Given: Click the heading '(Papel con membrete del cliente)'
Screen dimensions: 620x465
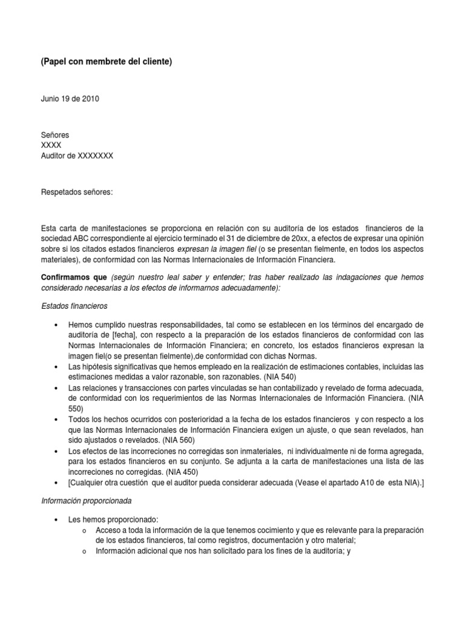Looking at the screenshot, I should pyautogui.click(x=107, y=62).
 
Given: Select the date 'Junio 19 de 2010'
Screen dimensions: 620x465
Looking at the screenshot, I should pyautogui.click(x=70, y=99).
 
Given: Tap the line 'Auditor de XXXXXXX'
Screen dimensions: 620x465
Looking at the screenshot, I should pyautogui.click(x=77, y=156).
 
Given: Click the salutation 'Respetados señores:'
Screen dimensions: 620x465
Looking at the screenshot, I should pyautogui.click(x=77, y=193).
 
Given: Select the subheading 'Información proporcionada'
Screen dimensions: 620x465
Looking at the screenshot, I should pyautogui.click(x=85, y=501).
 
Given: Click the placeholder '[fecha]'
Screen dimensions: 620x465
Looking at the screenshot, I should pyautogui.click(x=124, y=335).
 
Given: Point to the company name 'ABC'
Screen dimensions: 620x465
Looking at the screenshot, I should pyautogui.click(x=80, y=239).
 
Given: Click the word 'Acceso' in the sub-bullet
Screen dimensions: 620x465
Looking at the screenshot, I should pyautogui.click(x=108, y=530).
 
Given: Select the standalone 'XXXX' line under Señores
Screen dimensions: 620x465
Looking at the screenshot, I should pyautogui.click(x=51, y=145).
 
